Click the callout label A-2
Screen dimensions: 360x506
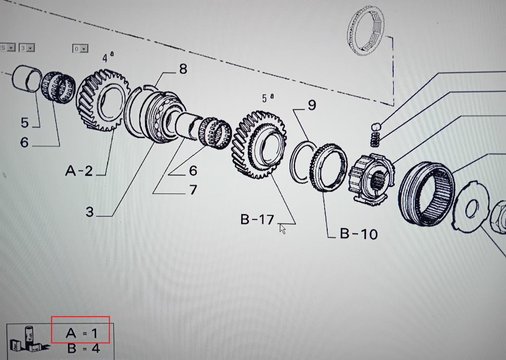tap(79, 171)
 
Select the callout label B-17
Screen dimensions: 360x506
tap(257, 219)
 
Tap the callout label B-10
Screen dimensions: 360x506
tap(359, 234)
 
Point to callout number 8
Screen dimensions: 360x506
tap(183, 69)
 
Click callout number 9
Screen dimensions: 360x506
tap(312, 105)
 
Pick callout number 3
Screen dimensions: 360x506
tap(90, 212)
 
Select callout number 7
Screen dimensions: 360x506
tap(193, 190)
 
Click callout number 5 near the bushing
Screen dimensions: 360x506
tap(25, 123)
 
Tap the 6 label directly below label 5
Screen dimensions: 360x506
tap(25, 142)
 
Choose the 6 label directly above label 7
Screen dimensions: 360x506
tap(193, 171)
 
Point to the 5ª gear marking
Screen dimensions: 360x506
tap(267, 98)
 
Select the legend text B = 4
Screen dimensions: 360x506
tap(83, 349)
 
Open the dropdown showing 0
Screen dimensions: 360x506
tap(80, 49)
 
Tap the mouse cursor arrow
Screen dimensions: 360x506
tap(282, 228)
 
